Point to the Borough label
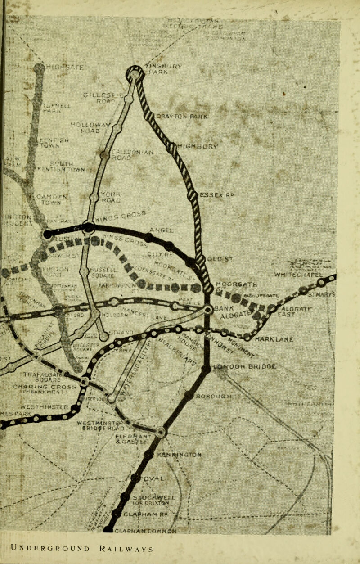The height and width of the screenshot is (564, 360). coord(213,397)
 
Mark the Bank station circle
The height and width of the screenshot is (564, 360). coord(208,310)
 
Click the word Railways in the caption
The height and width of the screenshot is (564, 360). coord(127,549)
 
